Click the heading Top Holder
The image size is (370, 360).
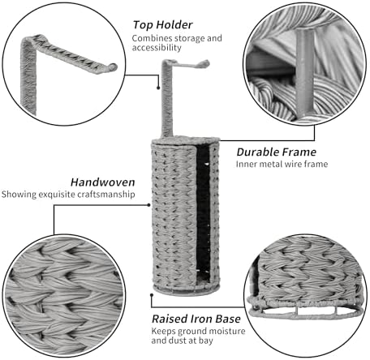[x=163, y=25]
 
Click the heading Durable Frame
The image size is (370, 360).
[x=277, y=152]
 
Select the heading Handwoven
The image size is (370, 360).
[x=103, y=182]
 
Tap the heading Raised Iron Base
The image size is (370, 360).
[x=196, y=319]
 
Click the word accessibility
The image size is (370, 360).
[x=157, y=48]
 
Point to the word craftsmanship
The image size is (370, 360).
[x=106, y=195]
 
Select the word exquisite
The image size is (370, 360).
[x=57, y=195]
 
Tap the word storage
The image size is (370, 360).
[x=188, y=38]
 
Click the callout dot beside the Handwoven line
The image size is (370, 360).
[x=148, y=205]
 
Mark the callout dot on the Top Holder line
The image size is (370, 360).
[x=158, y=88]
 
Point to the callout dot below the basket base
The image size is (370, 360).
[x=152, y=295]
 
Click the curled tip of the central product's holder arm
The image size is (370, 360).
[x=206, y=63]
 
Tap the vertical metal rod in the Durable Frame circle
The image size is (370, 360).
[x=305, y=72]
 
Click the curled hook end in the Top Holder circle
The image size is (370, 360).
[x=114, y=67]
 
